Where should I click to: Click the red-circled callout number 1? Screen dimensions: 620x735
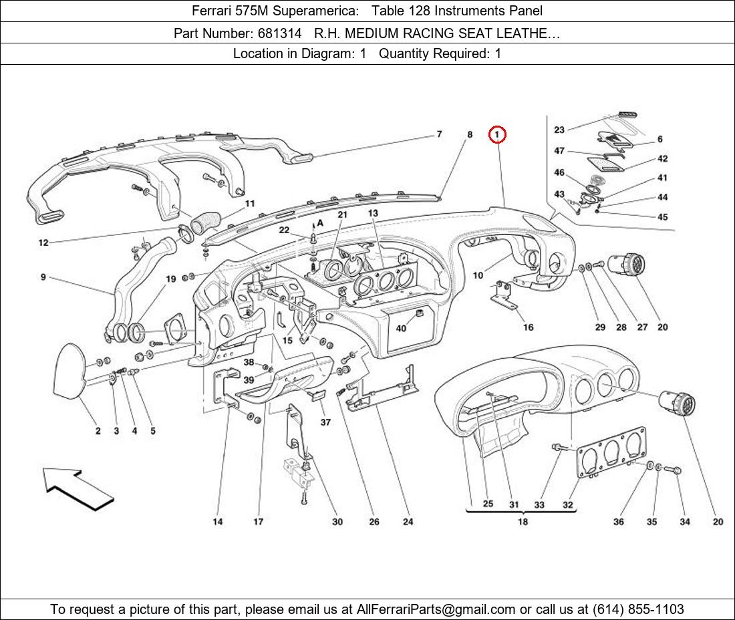coord(497,135)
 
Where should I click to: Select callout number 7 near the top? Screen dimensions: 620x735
coord(440,134)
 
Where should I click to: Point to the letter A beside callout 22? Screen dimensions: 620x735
coord(321,222)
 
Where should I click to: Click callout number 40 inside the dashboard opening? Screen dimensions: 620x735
coord(401,328)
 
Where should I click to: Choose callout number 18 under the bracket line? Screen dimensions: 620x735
coord(523,522)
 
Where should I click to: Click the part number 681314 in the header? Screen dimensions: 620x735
coord(277,33)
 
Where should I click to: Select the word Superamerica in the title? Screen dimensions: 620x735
coord(315,11)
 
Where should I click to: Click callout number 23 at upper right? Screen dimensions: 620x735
coord(559,130)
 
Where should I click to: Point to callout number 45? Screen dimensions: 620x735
coord(662,217)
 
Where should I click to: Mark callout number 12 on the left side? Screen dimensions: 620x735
coord(43,243)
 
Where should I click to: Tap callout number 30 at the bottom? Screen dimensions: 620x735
coord(337,522)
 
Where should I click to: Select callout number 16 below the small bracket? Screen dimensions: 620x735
coord(528,327)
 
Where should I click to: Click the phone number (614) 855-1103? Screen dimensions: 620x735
coord(638,609)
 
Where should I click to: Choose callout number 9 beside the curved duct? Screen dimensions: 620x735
coord(43,277)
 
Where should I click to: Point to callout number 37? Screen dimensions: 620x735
coord(325,422)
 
